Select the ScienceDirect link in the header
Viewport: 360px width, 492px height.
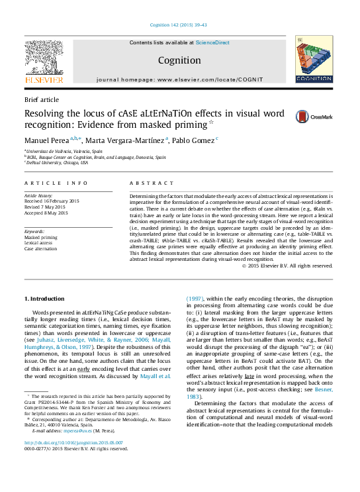click(x=212, y=42)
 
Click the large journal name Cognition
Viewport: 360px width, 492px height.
click(x=179, y=60)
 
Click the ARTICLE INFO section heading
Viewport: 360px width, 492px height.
click(x=56, y=183)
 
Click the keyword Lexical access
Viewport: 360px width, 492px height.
click(x=39, y=242)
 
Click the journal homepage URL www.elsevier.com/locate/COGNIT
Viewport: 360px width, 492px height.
click(x=210, y=79)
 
